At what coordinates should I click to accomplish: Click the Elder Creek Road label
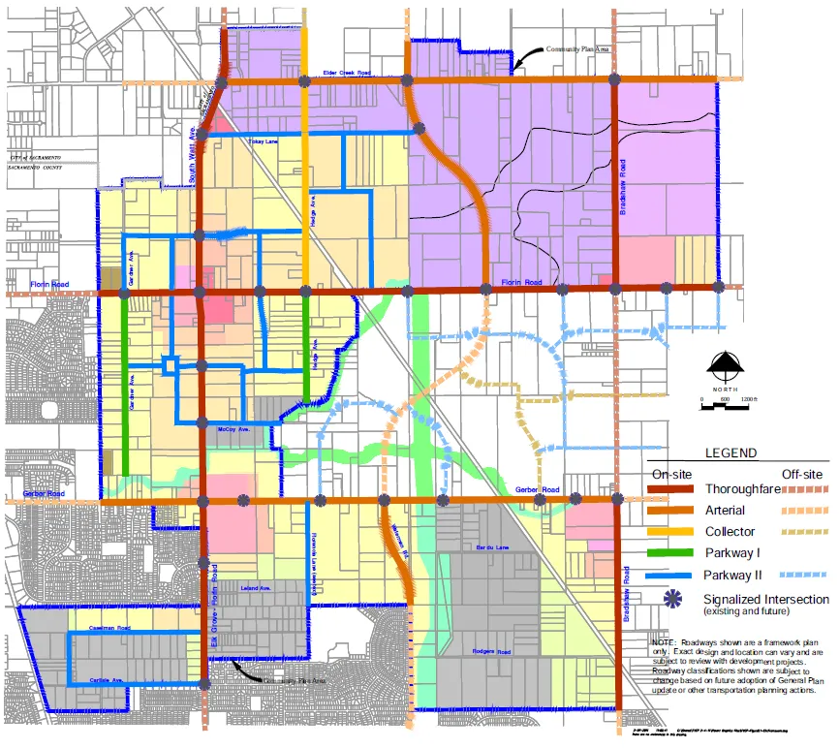[345, 73]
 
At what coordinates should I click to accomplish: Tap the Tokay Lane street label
[263, 141]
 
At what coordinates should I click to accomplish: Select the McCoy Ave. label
[233, 427]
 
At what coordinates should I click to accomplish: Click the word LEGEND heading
[730, 452]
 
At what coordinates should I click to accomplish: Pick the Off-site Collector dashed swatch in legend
[803, 531]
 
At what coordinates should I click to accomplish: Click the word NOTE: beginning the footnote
[664, 642]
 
